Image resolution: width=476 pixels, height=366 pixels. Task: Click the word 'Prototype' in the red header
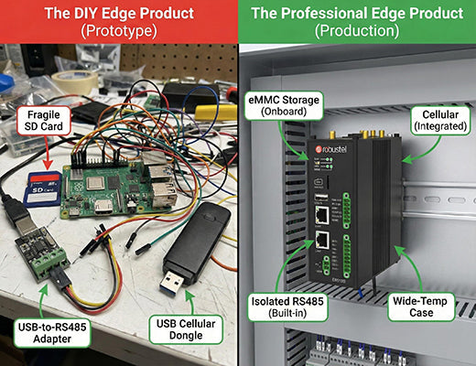[x=118, y=31]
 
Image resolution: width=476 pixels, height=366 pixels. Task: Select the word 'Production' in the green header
[x=356, y=31]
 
